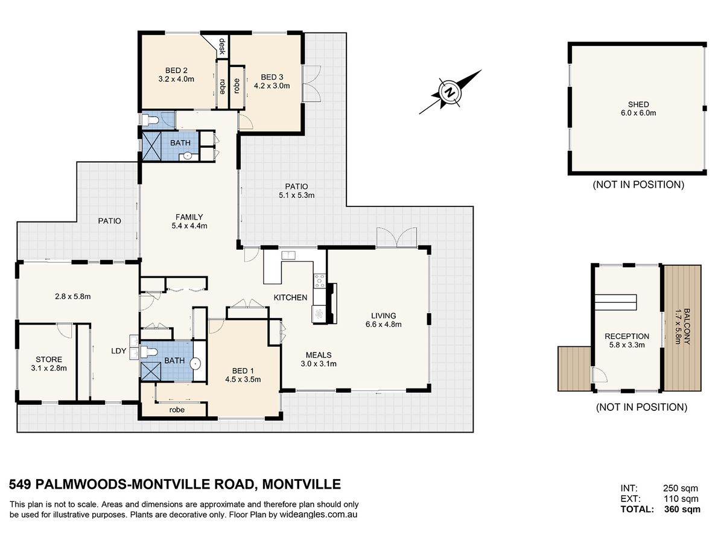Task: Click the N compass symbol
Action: [x=450, y=92]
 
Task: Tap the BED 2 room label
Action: [x=176, y=71]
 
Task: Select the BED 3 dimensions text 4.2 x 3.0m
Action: [x=271, y=86]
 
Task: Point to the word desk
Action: [x=222, y=46]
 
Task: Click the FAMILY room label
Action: [x=189, y=217]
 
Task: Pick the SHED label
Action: [x=638, y=104]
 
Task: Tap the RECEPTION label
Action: [x=627, y=336]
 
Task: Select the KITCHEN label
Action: [x=290, y=297]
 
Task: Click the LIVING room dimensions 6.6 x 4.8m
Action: [x=383, y=325]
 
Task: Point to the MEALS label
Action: [x=319, y=355]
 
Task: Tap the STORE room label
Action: [x=49, y=360]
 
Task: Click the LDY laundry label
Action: [x=119, y=351]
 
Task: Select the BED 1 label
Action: [x=243, y=371]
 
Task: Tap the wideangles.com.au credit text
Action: [x=319, y=515]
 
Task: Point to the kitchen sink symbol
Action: [x=288, y=255]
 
